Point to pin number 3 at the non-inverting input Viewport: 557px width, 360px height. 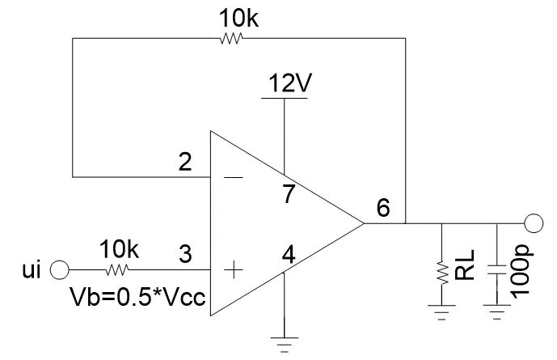pos(185,256)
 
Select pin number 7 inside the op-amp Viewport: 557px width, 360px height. pos(287,194)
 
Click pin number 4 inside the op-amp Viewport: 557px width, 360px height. pos(286,256)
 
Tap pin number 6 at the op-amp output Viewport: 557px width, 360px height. pos(384,208)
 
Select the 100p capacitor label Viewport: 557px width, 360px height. pos(521,268)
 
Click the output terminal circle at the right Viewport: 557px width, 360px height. pos(534,222)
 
